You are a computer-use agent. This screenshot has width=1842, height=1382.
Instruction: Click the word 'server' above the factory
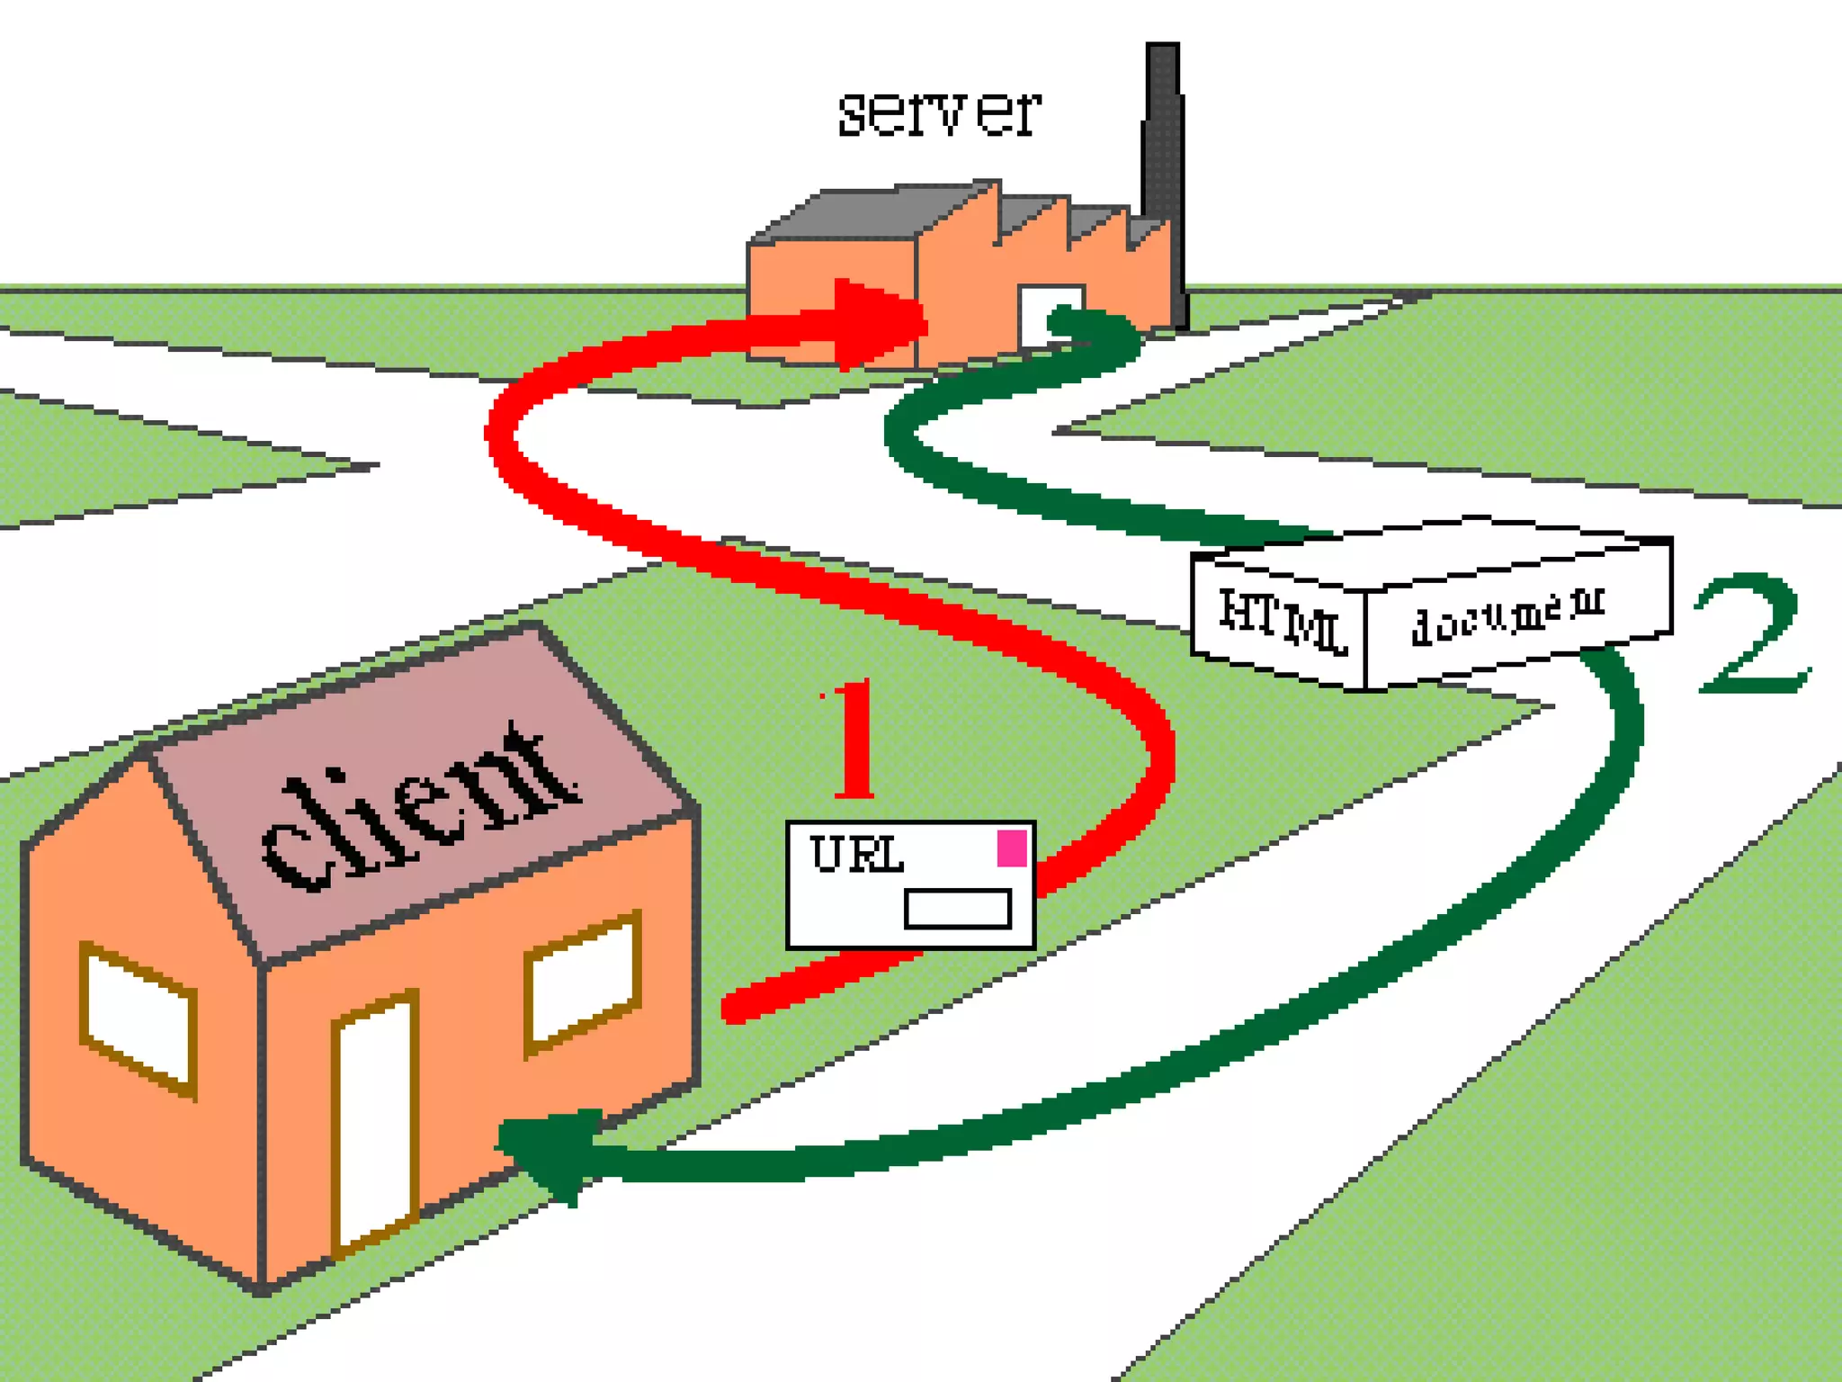[939, 113]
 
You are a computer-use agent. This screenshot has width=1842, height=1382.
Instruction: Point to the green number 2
[1750, 635]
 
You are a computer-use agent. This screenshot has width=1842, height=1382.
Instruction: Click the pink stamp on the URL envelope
[1012, 848]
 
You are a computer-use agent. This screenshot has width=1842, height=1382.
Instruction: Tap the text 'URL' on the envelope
[855, 855]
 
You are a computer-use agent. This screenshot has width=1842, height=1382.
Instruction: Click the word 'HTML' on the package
[1281, 619]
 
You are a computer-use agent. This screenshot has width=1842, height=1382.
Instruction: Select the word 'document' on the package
[1507, 615]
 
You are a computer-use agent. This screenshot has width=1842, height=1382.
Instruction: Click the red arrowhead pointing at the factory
[877, 324]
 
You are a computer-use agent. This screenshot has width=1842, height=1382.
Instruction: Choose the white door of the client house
[376, 1125]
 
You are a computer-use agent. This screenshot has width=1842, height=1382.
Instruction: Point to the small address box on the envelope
[957, 909]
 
